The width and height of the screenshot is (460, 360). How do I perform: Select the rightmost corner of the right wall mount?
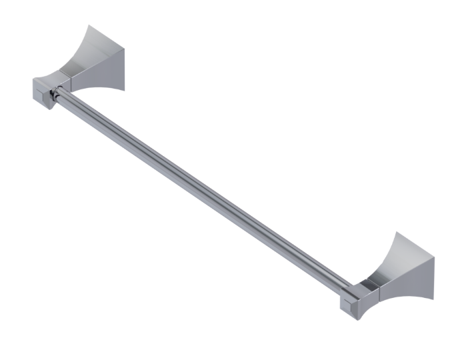[435, 259]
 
